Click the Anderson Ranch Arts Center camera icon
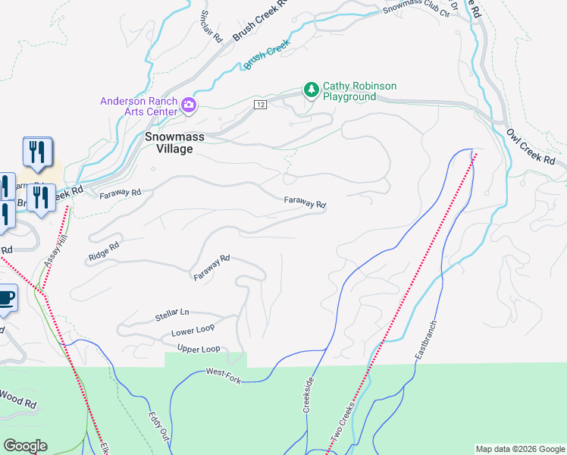tap(188, 105)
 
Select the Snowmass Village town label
tap(170, 143)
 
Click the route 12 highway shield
tap(260, 104)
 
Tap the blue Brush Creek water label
tap(267, 56)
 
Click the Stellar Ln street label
tap(172, 313)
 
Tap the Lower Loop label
tap(193, 331)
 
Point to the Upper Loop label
tap(198, 349)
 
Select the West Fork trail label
tap(223, 375)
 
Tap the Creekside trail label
tap(309, 395)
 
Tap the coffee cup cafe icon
tap(6, 299)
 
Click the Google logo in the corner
tap(25, 446)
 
